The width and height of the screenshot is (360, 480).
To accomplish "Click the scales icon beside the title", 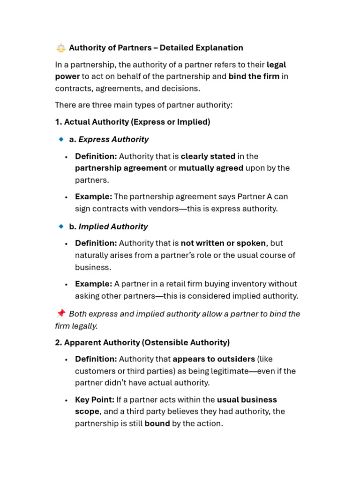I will [60, 48].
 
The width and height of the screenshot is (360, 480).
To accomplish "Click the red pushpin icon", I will [60, 314].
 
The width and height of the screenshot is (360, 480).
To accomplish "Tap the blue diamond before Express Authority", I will [60, 139].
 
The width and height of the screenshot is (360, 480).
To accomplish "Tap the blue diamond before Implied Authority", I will [60, 226].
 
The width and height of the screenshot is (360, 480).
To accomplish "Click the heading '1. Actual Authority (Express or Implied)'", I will [133, 122].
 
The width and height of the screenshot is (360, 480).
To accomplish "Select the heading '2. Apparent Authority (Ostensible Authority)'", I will [142, 343].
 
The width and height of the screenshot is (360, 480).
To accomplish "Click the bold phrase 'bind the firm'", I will [254, 76].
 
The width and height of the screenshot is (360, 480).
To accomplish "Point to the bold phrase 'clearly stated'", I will [208, 156].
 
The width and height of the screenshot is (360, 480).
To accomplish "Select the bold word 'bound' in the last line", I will [157, 424].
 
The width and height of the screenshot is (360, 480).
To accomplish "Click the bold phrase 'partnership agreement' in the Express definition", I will [121, 168].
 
